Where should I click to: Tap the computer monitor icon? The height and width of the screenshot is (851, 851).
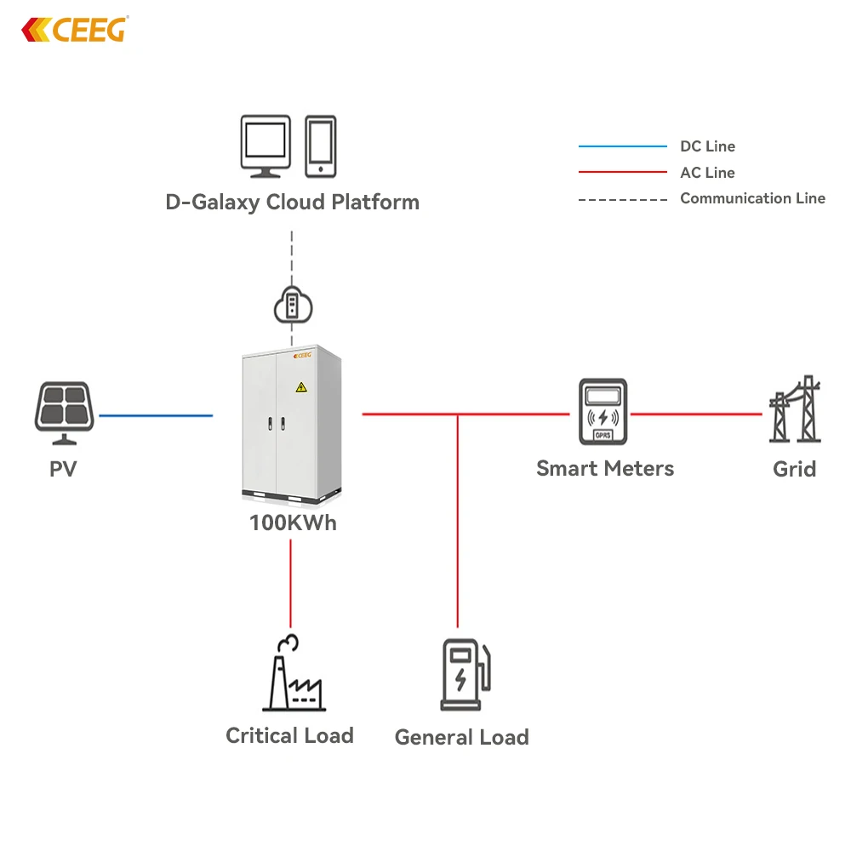point(266,146)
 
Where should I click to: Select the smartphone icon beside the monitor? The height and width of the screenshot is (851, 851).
point(321,146)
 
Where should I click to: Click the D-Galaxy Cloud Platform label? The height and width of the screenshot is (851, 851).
point(292,203)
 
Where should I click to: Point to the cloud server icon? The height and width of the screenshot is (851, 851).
point(292,305)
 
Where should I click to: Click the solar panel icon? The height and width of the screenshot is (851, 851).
point(63,412)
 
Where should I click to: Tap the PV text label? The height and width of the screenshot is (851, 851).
point(63,469)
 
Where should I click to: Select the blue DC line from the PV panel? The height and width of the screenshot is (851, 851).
point(156,415)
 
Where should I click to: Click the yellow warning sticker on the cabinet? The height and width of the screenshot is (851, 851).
point(300,388)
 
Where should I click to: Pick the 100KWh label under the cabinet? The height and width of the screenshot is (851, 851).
point(292,523)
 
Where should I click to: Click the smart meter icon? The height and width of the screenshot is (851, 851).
point(603,412)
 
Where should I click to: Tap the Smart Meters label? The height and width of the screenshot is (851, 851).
point(605,468)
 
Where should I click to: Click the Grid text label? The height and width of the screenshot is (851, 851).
point(794,469)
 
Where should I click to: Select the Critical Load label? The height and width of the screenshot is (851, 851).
point(289,735)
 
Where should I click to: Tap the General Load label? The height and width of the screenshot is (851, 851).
point(461,737)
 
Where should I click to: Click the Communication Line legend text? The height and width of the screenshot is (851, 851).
point(752,198)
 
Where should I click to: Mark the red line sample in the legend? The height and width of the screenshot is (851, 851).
point(622,173)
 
